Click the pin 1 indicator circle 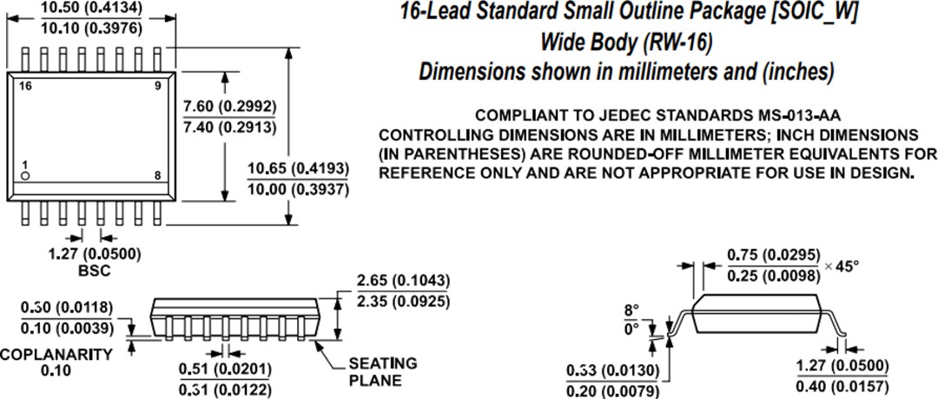(26, 175)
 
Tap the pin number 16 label (25, 87)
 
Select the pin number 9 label (157, 87)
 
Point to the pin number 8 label (157, 175)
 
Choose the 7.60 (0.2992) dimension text (229, 107)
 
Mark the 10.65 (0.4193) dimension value (297, 167)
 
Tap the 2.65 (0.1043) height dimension (403, 282)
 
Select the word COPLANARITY (56, 354)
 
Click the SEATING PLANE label (382, 371)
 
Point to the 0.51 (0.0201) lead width (225, 370)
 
